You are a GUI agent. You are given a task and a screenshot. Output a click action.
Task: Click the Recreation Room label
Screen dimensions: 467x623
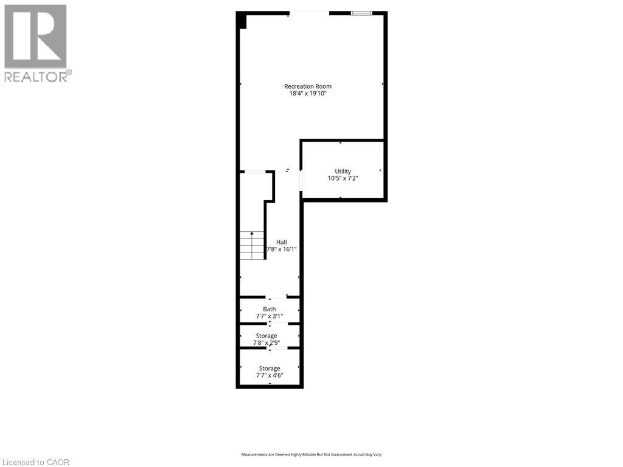(x=308, y=86)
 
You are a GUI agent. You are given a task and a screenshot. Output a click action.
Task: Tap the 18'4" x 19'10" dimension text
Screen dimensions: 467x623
(x=308, y=94)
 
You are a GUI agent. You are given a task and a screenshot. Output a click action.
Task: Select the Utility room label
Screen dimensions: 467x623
(x=343, y=171)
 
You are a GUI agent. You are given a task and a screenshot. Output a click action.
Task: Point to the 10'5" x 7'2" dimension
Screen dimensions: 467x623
(x=343, y=179)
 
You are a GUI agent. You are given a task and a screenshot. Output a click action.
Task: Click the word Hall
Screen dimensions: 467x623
(x=281, y=242)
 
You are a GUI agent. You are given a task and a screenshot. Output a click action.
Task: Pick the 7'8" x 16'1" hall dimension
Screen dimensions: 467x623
(x=281, y=249)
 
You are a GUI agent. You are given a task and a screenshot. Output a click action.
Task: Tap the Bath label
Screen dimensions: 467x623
(x=269, y=309)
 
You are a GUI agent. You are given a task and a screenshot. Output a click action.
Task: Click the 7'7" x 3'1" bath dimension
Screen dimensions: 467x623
(x=269, y=316)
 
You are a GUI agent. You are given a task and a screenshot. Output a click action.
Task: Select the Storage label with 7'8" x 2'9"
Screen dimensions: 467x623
(x=266, y=336)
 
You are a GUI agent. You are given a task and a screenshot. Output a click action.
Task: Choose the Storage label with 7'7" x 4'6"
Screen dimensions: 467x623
(x=270, y=368)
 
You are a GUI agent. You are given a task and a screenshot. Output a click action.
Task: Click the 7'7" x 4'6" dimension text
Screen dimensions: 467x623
(x=270, y=375)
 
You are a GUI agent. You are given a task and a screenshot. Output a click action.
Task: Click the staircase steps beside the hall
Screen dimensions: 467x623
(x=252, y=246)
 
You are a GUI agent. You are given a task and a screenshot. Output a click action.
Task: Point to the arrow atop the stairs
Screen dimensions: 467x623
(x=252, y=233)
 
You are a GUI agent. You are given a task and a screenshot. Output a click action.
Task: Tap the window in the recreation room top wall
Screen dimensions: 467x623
(x=361, y=13)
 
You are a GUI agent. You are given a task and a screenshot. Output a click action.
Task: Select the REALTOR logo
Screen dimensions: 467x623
(x=37, y=43)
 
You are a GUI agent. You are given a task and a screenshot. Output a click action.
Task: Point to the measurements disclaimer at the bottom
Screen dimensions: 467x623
(x=311, y=455)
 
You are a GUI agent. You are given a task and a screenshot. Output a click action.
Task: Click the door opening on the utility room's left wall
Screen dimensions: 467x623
(x=301, y=181)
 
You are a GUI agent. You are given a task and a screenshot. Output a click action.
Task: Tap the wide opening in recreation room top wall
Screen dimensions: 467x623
(x=309, y=13)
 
